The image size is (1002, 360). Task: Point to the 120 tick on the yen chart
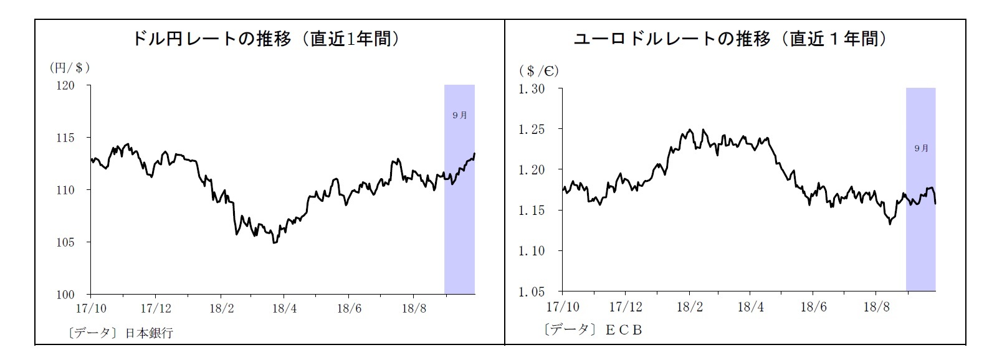pyautogui.click(x=65, y=85)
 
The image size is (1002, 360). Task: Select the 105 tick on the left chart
pyautogui.click(x=65, y=242)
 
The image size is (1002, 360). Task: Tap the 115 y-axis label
pyautogui.click(x=65, y=138)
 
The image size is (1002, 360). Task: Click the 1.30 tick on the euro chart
pyautogui.click(x=532, y=89)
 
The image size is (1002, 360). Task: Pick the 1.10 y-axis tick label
pyautogui.click(x=532, y=251)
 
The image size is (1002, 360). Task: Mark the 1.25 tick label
pyautogui.click(x=532, y=130)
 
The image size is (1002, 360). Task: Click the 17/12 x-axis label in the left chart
pyautogui.click(x=155, y=308)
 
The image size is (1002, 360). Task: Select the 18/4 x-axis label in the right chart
pyautogui.click(x=751, y=307)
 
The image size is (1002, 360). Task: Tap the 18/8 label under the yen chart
pyautogui.click(x=414, y=308)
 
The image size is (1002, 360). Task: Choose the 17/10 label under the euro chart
pyautogui.click(x=562, y=307)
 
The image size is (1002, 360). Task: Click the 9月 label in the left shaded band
pyautogui.click(x=459, y=115)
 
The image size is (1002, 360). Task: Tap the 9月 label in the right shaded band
pyautogui.click(x=921, y=148)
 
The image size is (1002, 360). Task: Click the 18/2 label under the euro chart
pyautogui.click(x=690, y=307)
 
